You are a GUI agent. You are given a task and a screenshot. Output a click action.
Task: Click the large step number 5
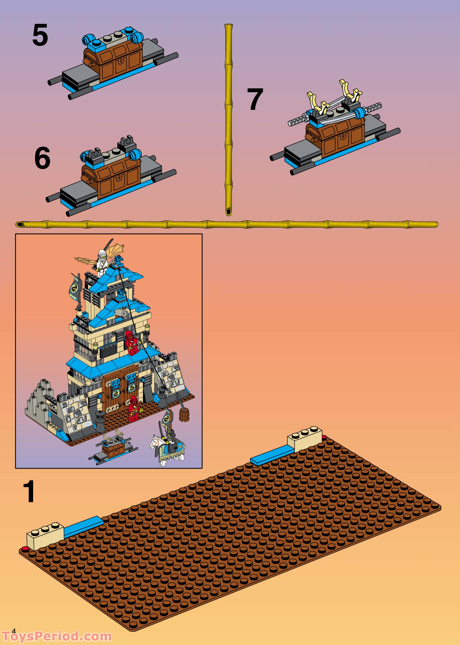tap(40, 35)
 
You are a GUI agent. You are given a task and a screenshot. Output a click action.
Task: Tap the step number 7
tap(255, 99)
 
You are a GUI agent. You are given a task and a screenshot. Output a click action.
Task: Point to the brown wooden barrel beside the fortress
tap(184, 415)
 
